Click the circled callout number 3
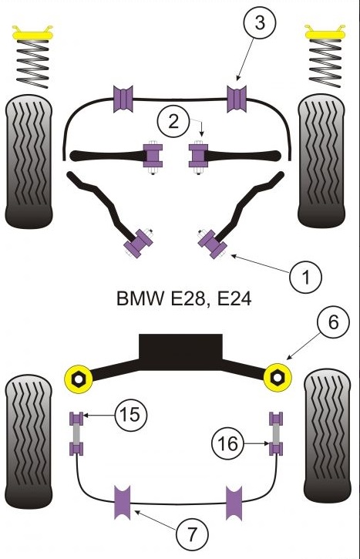click(x=260, y=23)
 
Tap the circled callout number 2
click(x=173, y=122)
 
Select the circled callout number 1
click(x=305, y=276)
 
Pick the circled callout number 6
click(x=333, y=322)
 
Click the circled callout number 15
click(x=131, y=415)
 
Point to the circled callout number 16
click(x=227, y=443)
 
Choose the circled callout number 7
click(x=192, y=534)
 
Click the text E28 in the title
click(x=188, y=298)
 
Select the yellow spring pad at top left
click(x=32, y=33)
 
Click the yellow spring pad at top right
click(x=325, y=32)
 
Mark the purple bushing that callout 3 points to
click(x=237, y=99)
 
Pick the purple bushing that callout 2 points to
click(x=198, y=156)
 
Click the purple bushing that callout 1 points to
click(x=213, y=244)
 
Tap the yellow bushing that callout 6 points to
click(x=278, y=378)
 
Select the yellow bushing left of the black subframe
click(x=79, y=379)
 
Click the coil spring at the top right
click(x=325, y=62)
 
